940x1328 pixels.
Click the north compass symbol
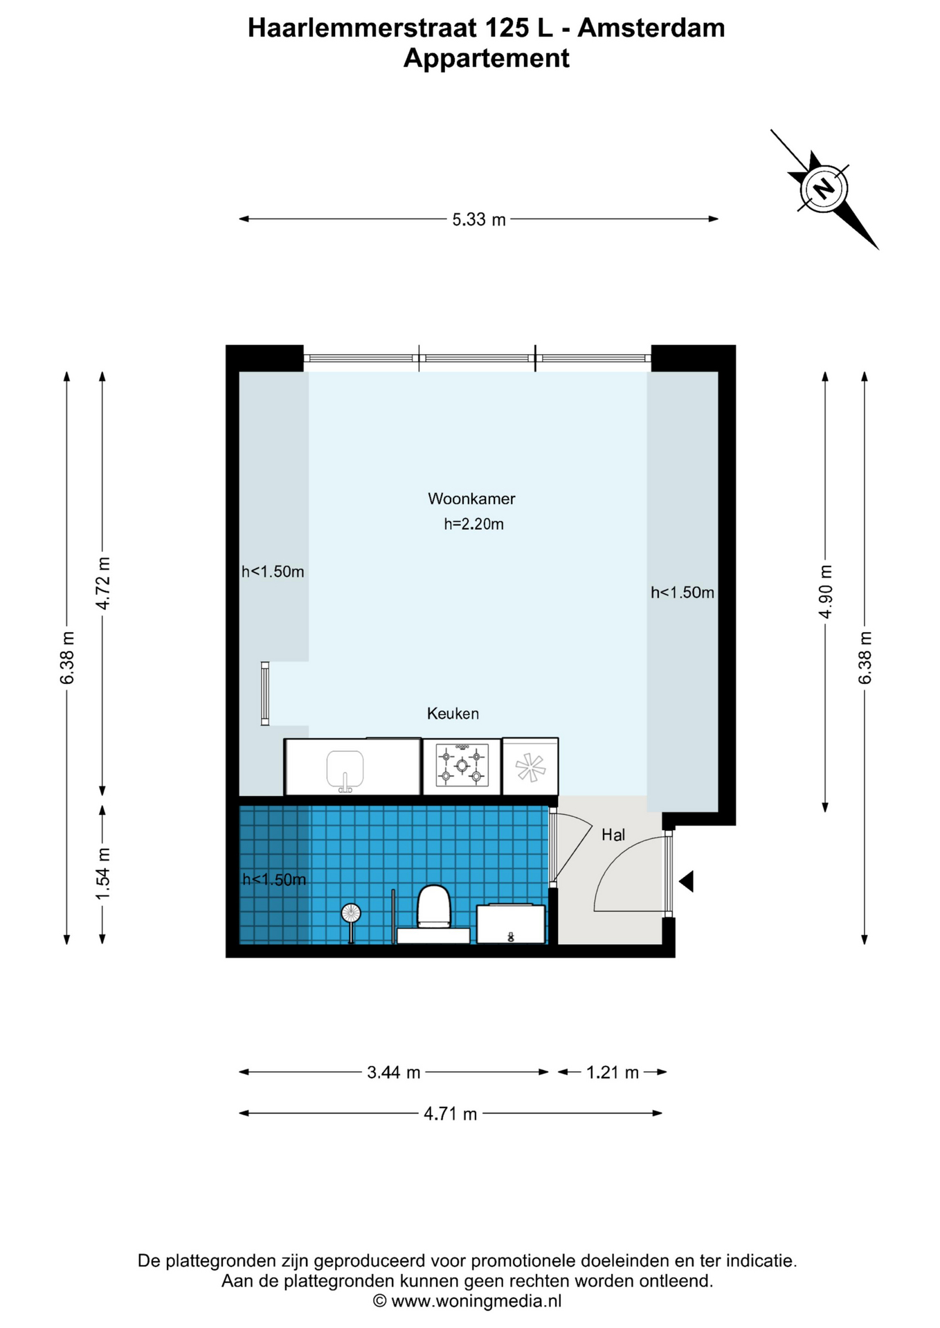pos(824,188)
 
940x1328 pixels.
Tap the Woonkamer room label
pos(471,499)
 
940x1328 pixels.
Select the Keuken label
pos(453,714)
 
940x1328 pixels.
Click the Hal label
pos(613,835)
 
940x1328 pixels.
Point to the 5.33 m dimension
pos(479,219)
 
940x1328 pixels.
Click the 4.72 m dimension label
pos(102,583)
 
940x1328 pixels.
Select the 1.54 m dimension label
pos(102,874)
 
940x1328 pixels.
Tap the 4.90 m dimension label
pos(825,592)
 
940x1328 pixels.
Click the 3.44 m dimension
pos(394,1073)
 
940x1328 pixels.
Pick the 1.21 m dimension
pos(613,1073)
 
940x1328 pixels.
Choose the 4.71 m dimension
pos(451,1114)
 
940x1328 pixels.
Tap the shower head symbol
pos(351,914)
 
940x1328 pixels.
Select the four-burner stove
pos(462,766)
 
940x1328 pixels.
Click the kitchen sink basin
pos(345,770)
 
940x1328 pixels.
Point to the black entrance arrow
pos(686,882)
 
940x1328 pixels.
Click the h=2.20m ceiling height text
pos(473,524)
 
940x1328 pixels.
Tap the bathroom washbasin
pos(511,923)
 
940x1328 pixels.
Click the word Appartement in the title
pos(487,58)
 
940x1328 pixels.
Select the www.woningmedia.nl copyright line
pos(468,1301)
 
